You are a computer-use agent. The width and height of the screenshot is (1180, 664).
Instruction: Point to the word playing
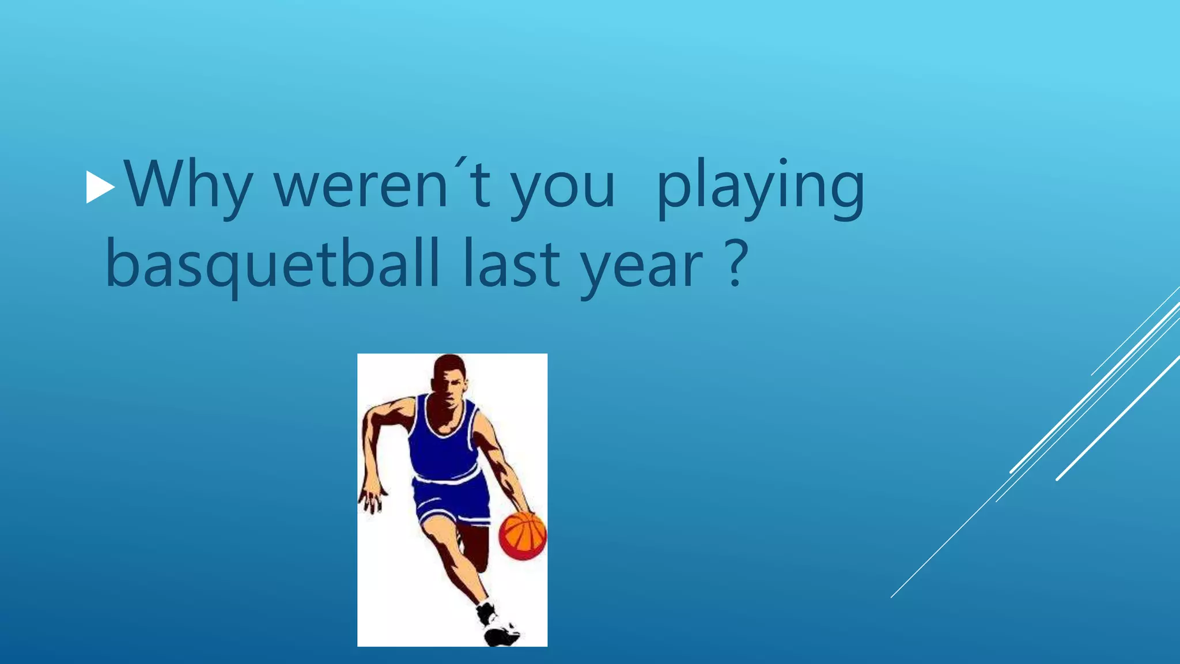point(761,187)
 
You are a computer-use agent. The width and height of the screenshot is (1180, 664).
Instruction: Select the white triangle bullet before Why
point(100,187)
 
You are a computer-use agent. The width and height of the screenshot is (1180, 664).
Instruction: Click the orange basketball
point(522,534)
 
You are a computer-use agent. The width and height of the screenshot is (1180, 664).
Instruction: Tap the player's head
point(448,380)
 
